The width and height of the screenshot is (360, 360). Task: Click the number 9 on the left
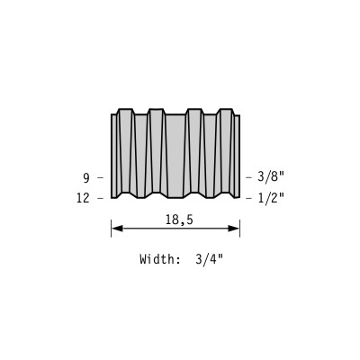[x=86, y=178]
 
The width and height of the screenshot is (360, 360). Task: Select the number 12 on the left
[x=83, y=198]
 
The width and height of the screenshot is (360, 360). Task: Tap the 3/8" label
[x=271, y=177]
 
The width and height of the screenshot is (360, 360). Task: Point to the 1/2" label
[x=271, y=198]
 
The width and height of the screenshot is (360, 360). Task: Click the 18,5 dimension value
[x=179, y=220]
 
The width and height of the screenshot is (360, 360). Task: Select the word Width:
[x=159, y=259]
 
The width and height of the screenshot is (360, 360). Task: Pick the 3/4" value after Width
[x=210, y=258]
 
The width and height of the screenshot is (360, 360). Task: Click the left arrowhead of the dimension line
[x=117, y=229]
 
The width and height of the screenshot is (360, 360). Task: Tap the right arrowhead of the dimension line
[x=234, y=229]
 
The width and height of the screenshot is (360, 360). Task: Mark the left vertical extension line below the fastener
[x=112, y=229]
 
